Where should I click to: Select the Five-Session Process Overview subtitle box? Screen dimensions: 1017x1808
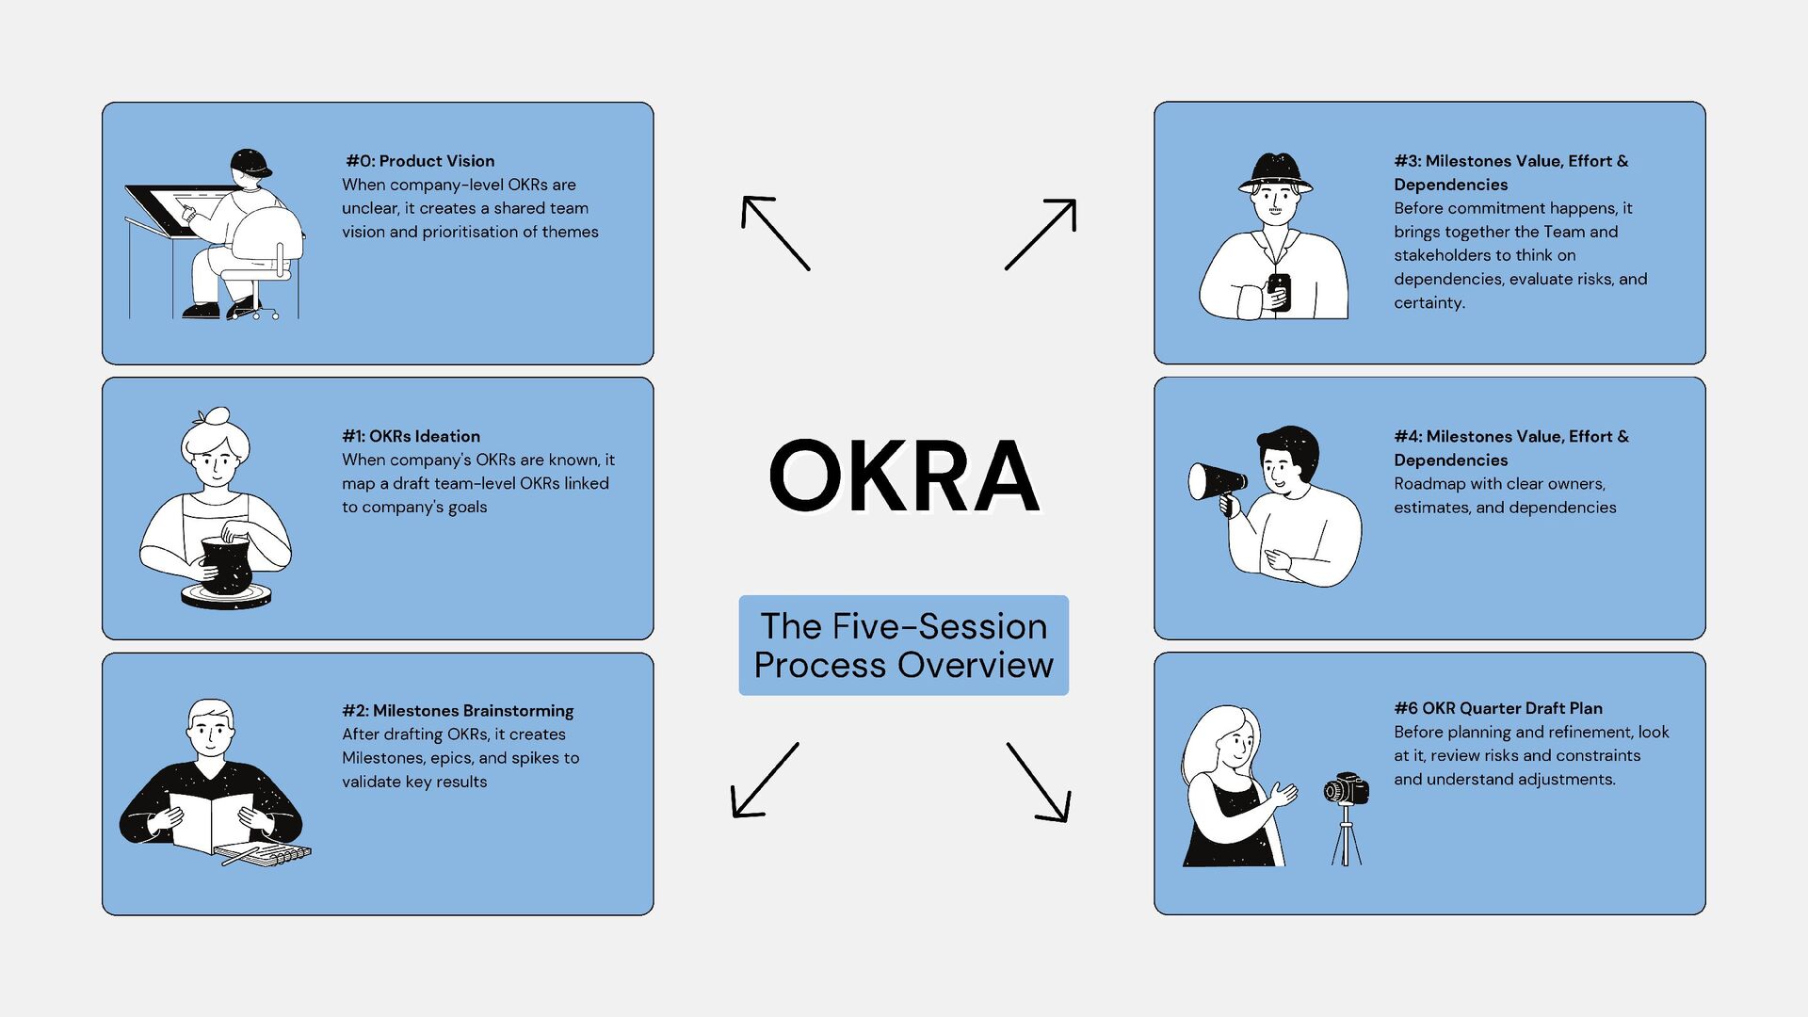coord(904,646)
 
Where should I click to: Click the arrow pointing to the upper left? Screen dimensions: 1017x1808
coord(775,233)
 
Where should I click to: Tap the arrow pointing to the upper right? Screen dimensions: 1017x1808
coord(1041,234)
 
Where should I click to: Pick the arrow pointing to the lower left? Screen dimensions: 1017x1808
coord(765,780)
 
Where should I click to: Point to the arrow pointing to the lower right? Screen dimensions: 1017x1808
coord(1039,783)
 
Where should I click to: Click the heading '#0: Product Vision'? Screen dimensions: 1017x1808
coord(420,161)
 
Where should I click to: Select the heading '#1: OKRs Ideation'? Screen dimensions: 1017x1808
coord(412,436)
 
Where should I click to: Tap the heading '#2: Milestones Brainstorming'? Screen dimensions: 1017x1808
coord(458,711)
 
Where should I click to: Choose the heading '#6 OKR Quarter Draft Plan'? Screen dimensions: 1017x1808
coord(1498,708)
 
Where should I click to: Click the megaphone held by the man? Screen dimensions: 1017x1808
coord(1217,481)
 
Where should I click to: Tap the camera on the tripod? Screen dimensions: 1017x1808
coord(1347,789)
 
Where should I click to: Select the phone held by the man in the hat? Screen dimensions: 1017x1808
coord(1279,291)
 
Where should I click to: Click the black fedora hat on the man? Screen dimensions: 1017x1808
coord(1276,172)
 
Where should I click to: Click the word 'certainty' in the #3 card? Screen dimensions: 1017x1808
coord(1429,303)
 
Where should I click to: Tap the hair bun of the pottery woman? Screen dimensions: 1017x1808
coord(215,417)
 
